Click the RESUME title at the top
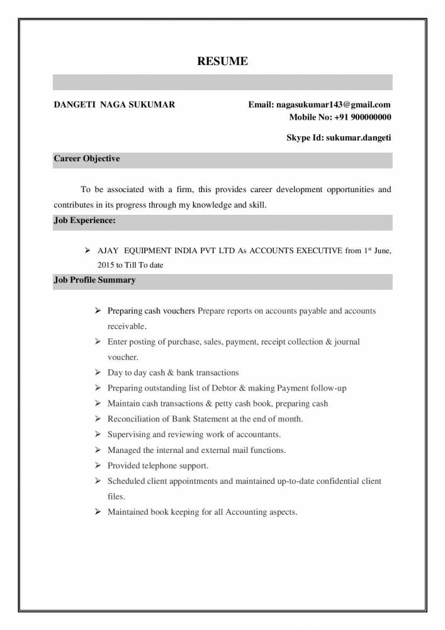[222, 61]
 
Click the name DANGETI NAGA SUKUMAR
[115, 105]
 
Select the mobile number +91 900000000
[362, 117]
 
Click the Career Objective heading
[87, 159]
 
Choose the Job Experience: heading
[84, 221]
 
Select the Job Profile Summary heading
[94, 280]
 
